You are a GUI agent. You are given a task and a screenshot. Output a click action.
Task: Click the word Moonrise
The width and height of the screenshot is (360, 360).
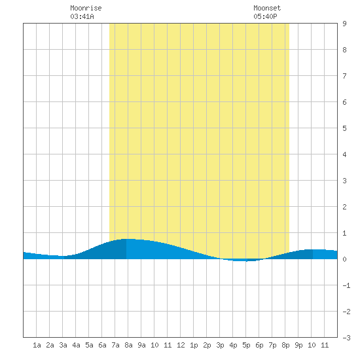tap(86, 8)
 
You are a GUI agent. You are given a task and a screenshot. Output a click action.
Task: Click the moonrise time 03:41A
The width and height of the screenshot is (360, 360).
tap(82, 16)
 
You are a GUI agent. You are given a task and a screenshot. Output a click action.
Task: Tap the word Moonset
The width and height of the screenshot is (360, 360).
tap(267, 8)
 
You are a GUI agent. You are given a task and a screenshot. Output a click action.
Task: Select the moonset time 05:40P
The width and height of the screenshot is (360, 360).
tap(265, 16)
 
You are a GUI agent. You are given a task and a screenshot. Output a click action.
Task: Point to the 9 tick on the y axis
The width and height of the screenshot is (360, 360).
tap(344, 24)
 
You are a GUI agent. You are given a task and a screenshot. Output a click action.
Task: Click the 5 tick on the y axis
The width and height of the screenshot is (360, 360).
tap(344, 128)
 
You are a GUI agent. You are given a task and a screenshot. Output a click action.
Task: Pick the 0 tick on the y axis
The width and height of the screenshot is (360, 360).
tap(344, 259)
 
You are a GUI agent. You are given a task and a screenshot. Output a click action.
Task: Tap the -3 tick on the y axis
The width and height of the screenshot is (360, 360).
tap(346, 338)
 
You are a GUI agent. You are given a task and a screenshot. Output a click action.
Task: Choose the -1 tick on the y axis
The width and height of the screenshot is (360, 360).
tap(346, 285)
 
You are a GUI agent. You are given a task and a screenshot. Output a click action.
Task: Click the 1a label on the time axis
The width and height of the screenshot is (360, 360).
tap(37, 345)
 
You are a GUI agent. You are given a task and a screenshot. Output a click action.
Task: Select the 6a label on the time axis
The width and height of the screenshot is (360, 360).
tap(102, 345)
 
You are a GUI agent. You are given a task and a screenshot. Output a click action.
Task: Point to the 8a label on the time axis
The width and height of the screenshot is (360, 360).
tap(128, 345)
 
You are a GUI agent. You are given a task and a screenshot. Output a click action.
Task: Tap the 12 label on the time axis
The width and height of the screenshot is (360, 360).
tap(181, 345)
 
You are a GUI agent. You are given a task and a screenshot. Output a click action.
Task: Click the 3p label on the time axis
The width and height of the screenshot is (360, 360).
tap(220, 345)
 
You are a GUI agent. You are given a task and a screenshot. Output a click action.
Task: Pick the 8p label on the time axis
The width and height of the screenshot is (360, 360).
tap(285, 345)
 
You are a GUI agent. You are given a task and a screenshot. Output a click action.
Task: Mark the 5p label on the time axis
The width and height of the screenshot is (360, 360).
tap(246, 345)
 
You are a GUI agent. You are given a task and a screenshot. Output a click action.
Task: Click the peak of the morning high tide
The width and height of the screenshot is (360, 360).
tap(128, 239)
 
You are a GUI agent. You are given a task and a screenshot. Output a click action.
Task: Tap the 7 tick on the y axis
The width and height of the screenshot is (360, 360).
tap(344, 76)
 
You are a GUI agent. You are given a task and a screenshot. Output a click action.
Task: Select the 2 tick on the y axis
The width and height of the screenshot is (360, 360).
tap(344, 207)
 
